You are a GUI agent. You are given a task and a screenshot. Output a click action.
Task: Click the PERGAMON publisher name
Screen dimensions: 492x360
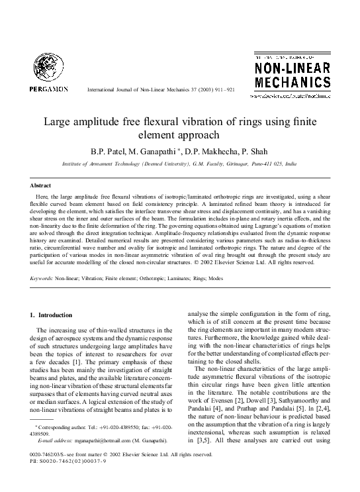[49, 88]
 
